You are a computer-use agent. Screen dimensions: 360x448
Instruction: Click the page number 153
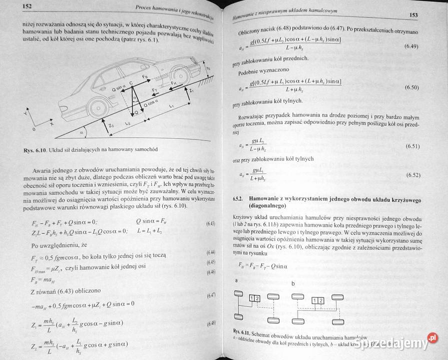click(413, 15)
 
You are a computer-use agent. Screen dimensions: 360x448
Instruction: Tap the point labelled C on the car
click(131, 83)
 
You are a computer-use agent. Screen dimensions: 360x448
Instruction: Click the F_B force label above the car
click(144, 77)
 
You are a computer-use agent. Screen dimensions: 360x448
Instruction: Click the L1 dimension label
click(171, 106)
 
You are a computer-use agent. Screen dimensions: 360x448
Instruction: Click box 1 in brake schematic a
click(252, 298)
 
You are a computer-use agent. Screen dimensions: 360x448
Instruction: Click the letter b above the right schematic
click(293, 283)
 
